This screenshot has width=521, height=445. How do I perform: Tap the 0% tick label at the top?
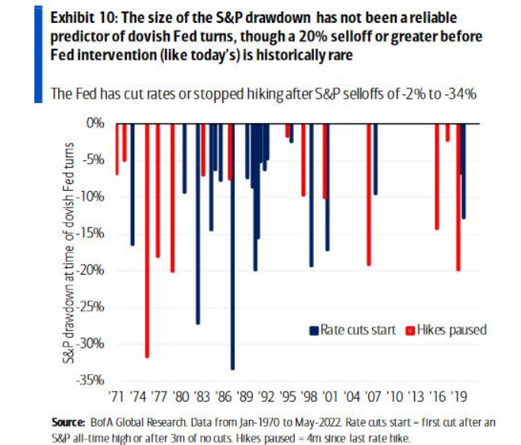click(95, 122)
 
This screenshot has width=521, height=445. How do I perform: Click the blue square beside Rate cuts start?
click(313, 331)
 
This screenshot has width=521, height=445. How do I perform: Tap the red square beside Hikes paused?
click(409, 331)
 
